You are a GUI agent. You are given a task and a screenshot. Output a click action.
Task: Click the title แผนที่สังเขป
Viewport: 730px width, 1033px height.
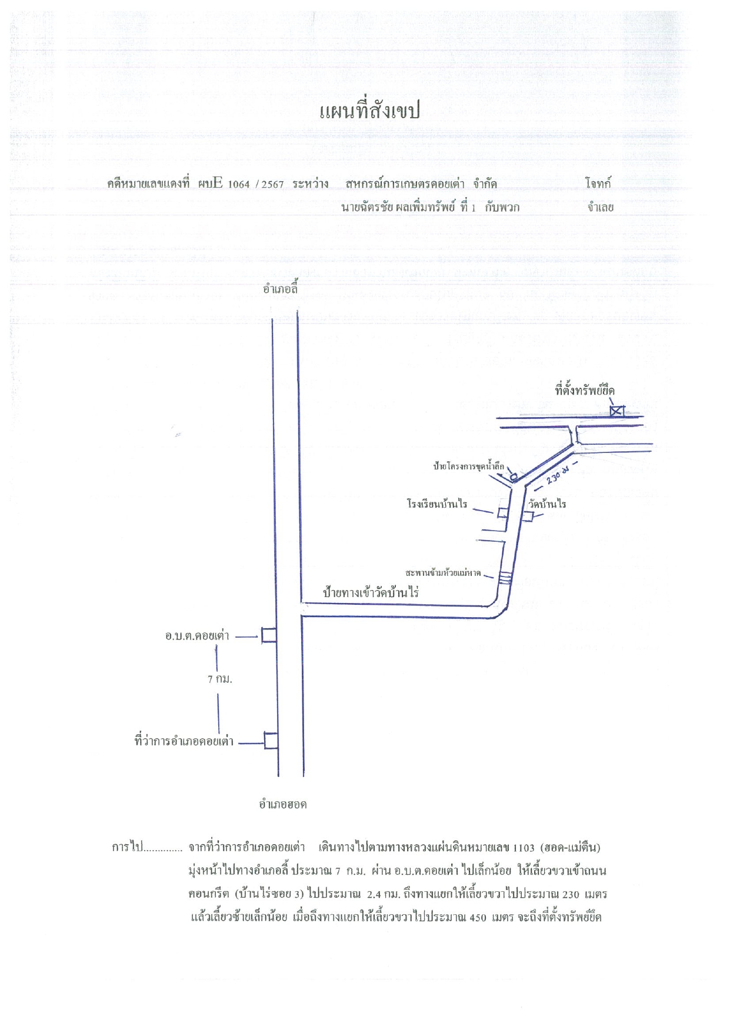click(369, 111)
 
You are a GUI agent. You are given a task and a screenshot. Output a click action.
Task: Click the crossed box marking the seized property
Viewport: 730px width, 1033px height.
click(616, 411)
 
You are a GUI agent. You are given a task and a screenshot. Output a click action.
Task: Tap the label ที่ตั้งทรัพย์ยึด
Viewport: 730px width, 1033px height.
click(585, 390)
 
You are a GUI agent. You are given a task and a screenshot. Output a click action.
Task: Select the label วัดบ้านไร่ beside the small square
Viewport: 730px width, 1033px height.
click(547, 504)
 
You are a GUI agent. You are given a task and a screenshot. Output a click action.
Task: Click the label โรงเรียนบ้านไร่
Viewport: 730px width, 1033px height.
click(437, 504)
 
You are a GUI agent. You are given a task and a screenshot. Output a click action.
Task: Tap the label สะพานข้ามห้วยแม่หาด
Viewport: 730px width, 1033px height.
click(443, 572)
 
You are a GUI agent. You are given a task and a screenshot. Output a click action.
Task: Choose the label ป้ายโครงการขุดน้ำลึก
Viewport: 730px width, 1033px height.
click(469, 466)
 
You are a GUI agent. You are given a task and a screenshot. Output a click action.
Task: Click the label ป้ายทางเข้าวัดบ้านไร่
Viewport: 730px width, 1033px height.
click(371, 592)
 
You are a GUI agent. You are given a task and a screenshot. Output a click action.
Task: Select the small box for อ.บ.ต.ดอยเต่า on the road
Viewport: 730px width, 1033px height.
click(269, 635)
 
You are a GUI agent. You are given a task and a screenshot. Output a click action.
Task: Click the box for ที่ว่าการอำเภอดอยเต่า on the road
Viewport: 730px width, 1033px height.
click(271, 740)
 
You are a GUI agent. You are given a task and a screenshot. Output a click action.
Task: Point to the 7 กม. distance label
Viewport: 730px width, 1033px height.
click(220, 679)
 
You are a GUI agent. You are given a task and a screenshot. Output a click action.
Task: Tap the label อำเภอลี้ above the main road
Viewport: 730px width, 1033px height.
click(281, 289)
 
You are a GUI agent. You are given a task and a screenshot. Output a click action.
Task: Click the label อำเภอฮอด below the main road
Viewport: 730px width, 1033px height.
click(283, 804)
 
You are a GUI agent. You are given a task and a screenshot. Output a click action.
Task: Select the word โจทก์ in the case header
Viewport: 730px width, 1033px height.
click(598, 184)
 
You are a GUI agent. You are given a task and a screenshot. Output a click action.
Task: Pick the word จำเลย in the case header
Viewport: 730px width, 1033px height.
click(600, 207)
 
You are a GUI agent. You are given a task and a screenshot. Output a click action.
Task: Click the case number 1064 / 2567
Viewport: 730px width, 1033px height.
click(255, 184)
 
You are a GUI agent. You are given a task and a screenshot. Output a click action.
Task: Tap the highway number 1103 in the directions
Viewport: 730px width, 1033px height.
click(524, 848)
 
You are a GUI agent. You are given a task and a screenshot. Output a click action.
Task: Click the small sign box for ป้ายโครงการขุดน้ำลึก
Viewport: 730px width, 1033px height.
click(513, 476)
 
